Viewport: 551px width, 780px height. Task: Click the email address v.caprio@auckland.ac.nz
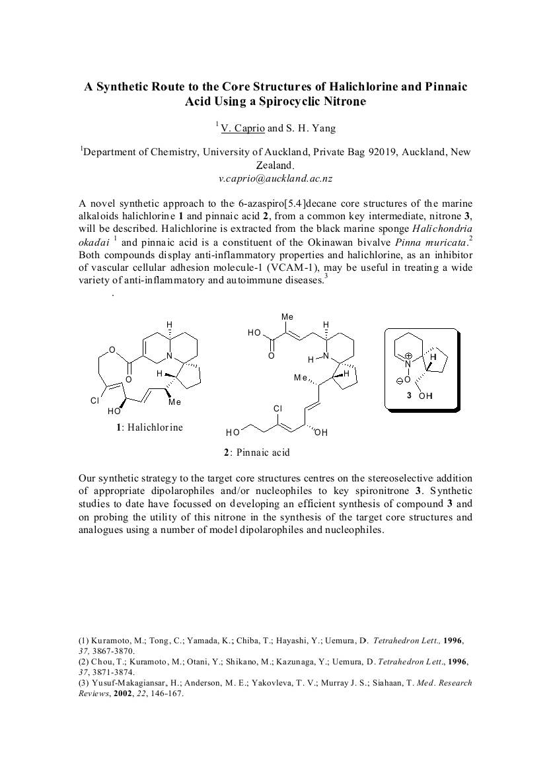point(275,178)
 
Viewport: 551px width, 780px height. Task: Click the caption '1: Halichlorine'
point(150,427)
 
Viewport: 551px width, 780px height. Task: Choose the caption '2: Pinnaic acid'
point(256,452)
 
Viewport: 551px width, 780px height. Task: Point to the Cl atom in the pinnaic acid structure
point(277,409)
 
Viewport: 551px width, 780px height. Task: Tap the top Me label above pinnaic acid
point(287,317)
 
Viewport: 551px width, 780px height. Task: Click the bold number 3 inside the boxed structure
point(410,396)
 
